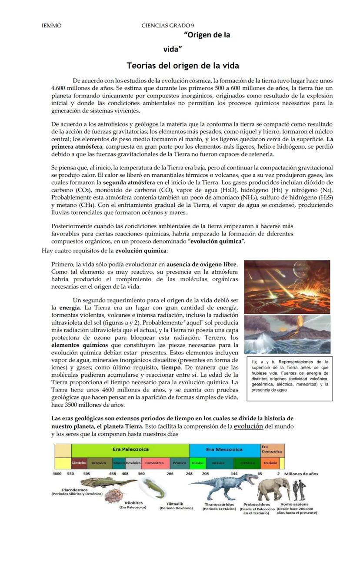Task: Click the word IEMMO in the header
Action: pos(51,26)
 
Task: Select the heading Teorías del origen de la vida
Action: pos(183,66)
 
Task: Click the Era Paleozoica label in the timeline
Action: pos(130,449)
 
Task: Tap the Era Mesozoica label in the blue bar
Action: pos(224,449)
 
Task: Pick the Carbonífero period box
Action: pos(154,463)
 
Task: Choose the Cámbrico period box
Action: pos(79,463)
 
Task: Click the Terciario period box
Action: pos(270,463)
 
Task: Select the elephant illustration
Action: pos(274,489)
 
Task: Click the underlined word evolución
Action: pos(248,426)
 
